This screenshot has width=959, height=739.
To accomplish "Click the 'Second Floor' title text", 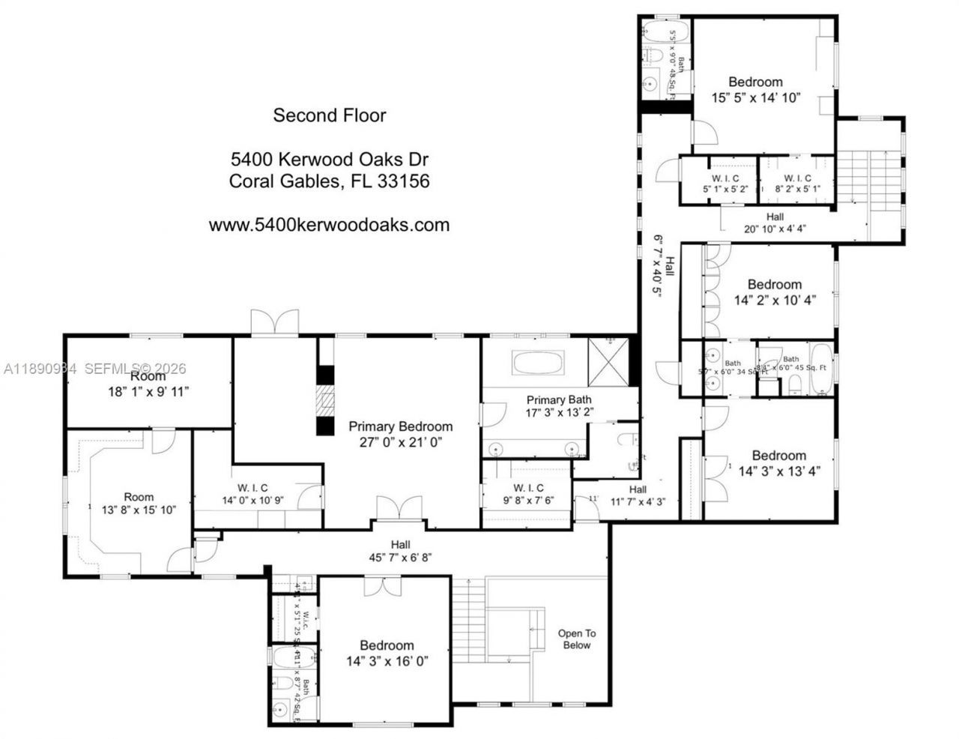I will [x=329, y=115].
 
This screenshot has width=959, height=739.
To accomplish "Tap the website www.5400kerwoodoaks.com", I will [x=329, y=225].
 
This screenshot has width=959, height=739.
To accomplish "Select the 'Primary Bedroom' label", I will [x=400, y=426].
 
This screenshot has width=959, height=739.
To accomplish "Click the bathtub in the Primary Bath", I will [x=539, y=363].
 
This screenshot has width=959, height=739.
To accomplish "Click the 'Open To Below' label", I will [x=576, y=639].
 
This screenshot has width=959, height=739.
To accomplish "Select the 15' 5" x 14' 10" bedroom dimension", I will [x=756, y=97].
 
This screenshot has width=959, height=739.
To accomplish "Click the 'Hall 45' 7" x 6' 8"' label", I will [x=400, y=551].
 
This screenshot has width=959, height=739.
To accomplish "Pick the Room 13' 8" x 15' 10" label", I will [x=139, y=504].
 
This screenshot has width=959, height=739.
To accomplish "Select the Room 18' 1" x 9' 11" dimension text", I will [x=147, y=391].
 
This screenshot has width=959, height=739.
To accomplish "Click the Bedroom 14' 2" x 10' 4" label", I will [x=774, y=292].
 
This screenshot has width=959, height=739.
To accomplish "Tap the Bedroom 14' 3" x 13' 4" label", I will [x=778, y=463].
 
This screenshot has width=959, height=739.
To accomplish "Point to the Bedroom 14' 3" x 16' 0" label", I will [x=387, y=654].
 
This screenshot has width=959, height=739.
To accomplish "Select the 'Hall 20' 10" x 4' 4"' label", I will [x=775, y=223].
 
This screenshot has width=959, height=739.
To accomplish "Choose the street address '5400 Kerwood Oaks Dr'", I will [x=329, y=160].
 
